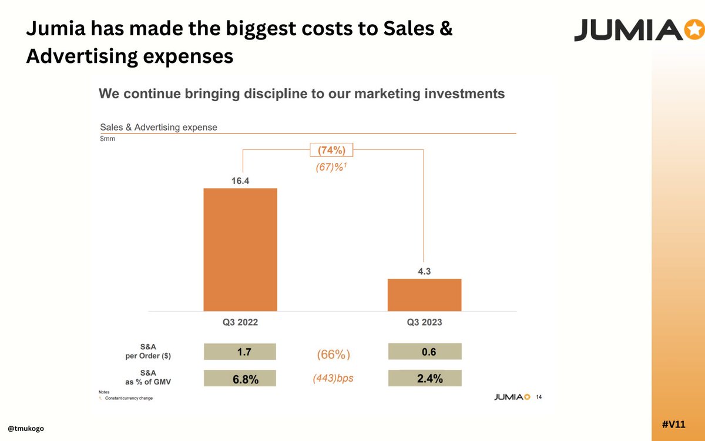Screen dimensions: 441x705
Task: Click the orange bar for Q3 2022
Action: click(x=240, y=249)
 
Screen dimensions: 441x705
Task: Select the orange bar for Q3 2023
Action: click(x=424, y=295)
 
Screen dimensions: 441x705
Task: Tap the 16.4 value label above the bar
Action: click(x=240, y=181)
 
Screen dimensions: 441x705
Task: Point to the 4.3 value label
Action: click(x=424, y=272)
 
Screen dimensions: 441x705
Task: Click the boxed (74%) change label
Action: click(x=332, y=150)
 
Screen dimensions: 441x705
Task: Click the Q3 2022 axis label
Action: click(x=240, y=322)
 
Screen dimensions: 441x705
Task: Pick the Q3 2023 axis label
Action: click(x=424, y=322)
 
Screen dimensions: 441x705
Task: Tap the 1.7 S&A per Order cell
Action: click(x=240, y=352)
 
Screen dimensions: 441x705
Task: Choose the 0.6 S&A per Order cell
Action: click(x=424, y=352)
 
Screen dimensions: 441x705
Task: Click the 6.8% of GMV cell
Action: click(x=240, y=379)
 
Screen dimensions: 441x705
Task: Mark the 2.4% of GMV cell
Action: click(x=424, y=379)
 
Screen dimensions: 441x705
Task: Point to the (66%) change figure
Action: click(x=333, y=355)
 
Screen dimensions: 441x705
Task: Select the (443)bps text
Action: click(x=333, y=379)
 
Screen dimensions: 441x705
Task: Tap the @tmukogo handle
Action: click(x=26, y=429)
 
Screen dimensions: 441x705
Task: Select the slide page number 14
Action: click(x=539, y=397)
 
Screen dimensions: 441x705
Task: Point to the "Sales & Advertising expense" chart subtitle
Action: click(x=159, y=127)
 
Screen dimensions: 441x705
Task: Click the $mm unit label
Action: click(x=108, y=139)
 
